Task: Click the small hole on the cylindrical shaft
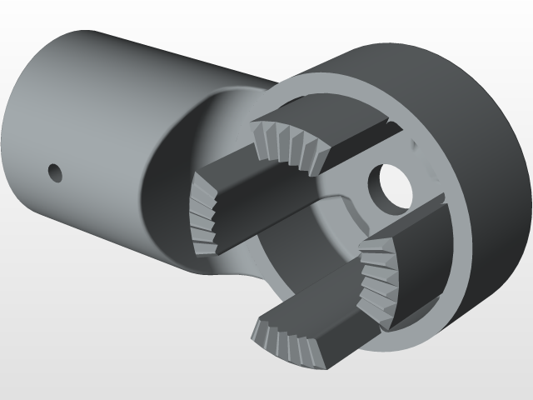[x=55, y=172]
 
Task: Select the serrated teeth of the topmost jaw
[x=287, y=143]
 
